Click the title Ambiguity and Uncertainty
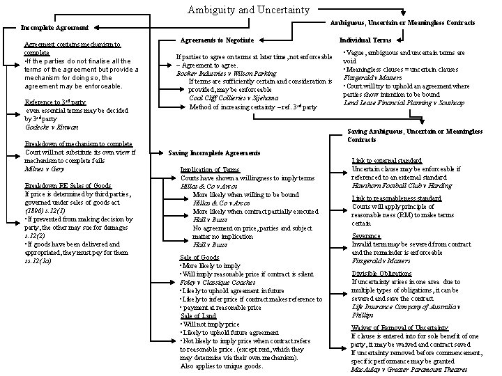point(250,10)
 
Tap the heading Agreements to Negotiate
point(222,40)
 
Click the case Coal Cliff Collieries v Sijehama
point(230,98)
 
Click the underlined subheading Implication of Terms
point(210,169)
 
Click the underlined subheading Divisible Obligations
point(383,273)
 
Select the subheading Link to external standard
point(387,160)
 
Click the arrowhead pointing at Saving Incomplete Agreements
point(162,152)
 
